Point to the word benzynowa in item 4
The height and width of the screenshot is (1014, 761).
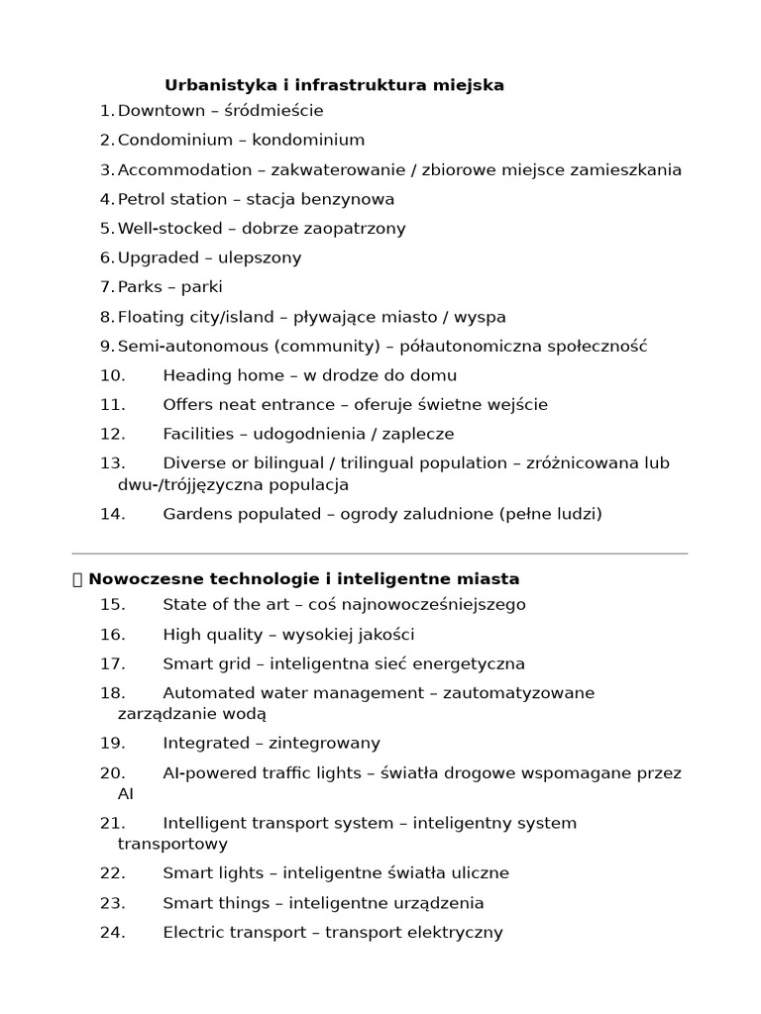tap(350, 199)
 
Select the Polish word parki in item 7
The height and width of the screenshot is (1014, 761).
tap(202, 287)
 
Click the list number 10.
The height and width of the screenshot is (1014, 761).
tap(112, 375)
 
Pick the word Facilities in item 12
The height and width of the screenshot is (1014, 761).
tap(197, 434)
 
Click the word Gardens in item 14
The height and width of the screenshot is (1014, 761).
tap(194, 514)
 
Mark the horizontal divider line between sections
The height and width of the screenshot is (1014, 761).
tap(380, 554)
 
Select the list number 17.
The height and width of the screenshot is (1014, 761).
tap(112, 663)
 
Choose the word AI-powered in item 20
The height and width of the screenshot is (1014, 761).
tap(205, 773)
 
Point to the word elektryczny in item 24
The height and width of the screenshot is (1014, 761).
tap(453, 933)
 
